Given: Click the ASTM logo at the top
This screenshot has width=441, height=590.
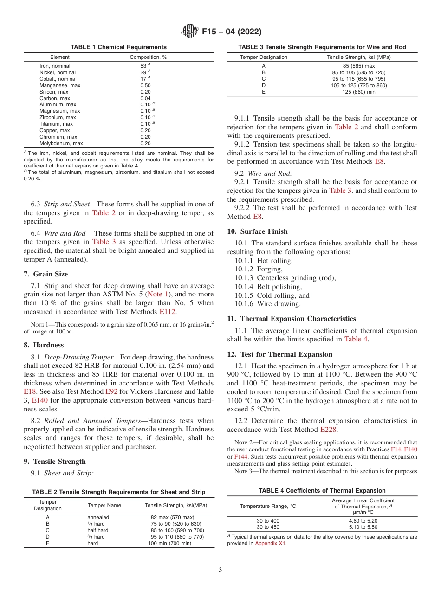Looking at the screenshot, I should point(189,32).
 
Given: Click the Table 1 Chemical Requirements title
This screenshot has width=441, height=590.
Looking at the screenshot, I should point(118,47).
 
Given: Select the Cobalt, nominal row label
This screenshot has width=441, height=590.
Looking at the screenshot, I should point(58,79).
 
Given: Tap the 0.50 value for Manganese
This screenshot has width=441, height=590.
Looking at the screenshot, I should point(145,85).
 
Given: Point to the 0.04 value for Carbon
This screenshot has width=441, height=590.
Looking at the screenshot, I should point(145,98).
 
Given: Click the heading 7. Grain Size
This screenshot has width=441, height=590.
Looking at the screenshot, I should point(45,274).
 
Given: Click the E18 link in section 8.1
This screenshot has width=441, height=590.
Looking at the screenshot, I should point(30,391).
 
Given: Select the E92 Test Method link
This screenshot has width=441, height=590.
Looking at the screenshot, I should point(112,391).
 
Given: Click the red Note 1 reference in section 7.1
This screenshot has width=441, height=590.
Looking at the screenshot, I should point(158,294).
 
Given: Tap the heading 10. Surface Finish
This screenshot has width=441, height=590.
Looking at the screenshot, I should point(257,231).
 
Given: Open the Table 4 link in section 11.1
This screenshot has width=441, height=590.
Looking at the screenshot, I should point(356,339).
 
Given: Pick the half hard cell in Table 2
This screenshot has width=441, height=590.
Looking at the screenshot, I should point(97,530).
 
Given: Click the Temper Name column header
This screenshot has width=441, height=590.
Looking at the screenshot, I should point(104,505).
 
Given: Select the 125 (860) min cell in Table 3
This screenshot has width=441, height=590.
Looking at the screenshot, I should point(358,92).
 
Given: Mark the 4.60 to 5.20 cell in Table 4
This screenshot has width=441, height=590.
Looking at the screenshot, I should point(363,521).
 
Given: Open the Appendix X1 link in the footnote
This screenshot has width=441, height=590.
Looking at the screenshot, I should point(271,544).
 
